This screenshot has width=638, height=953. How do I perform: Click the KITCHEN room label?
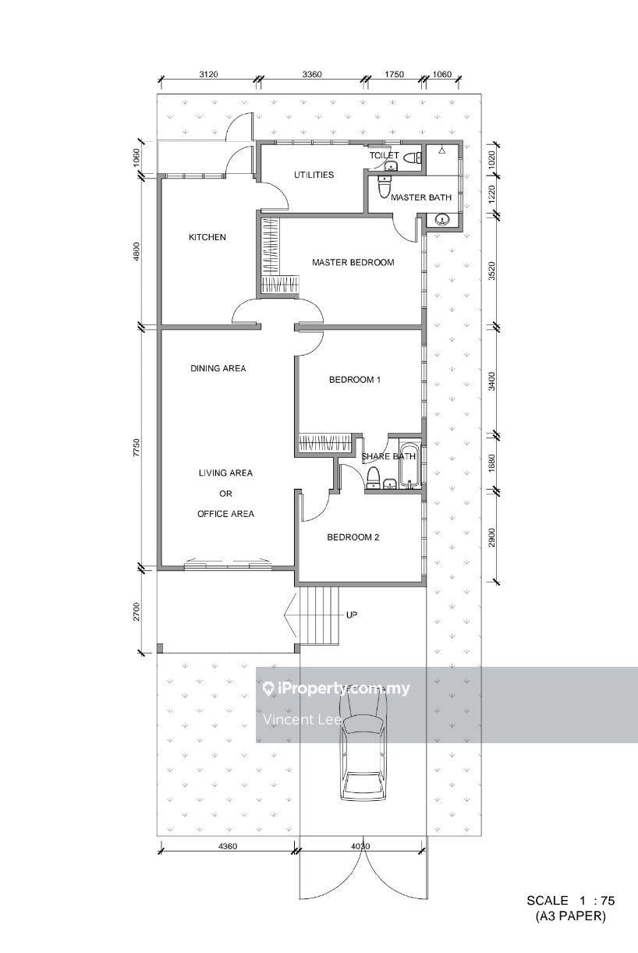tap(207, 237)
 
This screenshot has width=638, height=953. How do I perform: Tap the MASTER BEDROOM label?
tap(353, 262)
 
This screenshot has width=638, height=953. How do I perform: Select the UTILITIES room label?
tap(314, 175)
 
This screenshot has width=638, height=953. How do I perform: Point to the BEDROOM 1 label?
tap(355, 380)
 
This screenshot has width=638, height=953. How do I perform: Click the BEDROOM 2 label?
tap(353, 537)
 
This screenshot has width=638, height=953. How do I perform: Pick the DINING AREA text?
tap(218, 368)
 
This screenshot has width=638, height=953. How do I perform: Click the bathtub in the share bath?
tap(410, 465)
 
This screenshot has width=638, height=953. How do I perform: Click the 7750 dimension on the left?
tap(136, 448)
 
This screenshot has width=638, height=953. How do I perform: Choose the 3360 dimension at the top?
tap(312, 74)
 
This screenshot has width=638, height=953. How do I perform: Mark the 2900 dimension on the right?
tap(492, 537)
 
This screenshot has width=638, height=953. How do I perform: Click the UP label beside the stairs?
tap(352, 615)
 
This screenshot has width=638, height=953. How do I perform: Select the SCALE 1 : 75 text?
tap(571, 900)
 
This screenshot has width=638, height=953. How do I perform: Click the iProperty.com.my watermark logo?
tap(336, 689)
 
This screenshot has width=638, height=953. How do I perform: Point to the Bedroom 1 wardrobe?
tap(325, 443)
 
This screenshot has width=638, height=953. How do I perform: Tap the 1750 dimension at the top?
tap(394, 74)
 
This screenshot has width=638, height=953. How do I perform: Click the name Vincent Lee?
tap(302, 720)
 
